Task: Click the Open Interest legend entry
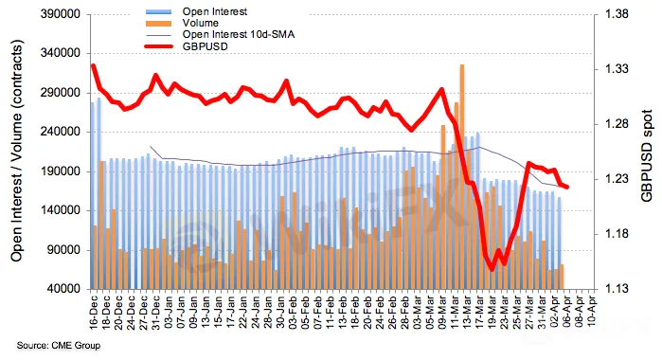coord(215,11)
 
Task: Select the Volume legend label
coord(200,24)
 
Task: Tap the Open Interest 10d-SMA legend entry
coord(239,35)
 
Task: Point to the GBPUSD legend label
coord(206,46)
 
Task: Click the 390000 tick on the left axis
coord(61,14)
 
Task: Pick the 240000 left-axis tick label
coord(61,132)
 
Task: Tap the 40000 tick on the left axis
coord(63,289)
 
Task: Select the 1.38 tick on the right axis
coord(617,14)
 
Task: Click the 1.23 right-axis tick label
coord(617,179)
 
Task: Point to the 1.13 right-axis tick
coord(617,289)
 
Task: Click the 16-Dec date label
coord(94,310)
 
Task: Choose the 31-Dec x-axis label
coord(156,310)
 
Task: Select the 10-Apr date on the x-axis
coord(593,310)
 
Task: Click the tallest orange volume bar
coord(462,176)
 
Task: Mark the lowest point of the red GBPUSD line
coord(492,270)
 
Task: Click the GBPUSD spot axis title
coord(647,155)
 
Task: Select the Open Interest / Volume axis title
coord(16,151)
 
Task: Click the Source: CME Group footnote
coord(59,346)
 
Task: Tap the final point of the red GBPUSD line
coord(567,188)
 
